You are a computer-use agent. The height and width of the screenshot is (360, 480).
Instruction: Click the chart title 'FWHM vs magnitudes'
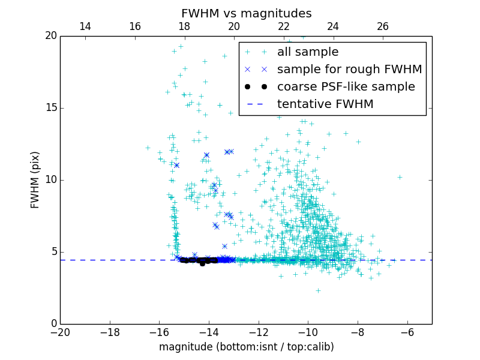tap(246, 13)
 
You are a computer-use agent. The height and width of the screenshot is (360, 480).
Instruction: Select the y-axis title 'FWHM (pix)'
tap(35, 180)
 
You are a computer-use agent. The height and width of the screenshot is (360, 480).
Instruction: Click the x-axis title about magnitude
tap(246, 347)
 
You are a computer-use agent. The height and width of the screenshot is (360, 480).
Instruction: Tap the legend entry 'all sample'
tap(307, 52)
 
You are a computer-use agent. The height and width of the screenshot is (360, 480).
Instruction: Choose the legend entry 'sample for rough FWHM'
tap(349, 69)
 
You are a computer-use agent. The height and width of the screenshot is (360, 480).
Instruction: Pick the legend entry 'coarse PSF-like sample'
tap(346, 86)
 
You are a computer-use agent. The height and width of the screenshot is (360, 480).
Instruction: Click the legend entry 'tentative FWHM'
tap(325, 104)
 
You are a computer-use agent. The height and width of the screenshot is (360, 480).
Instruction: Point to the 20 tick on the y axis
tap(50, 36)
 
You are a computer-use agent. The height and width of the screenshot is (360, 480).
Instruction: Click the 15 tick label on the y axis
tap(50, 108)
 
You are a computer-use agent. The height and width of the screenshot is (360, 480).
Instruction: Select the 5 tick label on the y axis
tap(53, 252)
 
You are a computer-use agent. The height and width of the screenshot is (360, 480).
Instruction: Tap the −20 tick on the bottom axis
tap(60, 332)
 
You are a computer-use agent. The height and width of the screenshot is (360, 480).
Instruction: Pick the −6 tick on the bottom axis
tap(407, 332)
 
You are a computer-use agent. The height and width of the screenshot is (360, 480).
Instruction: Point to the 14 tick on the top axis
tap(85, 26)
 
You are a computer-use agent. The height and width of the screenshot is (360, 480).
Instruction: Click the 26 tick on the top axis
tap(383, 26)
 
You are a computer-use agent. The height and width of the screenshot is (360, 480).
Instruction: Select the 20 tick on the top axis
tap(234, 26)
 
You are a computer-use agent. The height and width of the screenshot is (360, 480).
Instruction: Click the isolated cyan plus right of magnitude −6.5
tap(400, 177)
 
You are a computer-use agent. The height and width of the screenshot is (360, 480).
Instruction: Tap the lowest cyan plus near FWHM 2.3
tap(318, 290)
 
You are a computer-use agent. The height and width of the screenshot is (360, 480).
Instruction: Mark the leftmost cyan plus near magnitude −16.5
tap(148, 148)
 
